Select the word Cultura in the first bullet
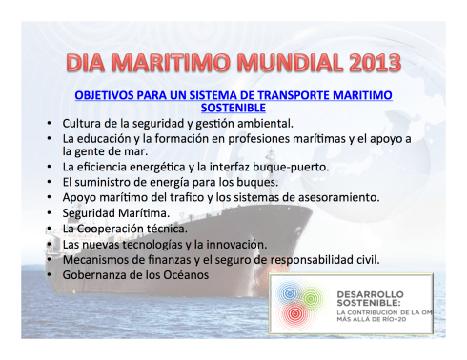point(84,124)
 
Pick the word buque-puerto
point(290,167)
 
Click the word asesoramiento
point(333,197)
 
